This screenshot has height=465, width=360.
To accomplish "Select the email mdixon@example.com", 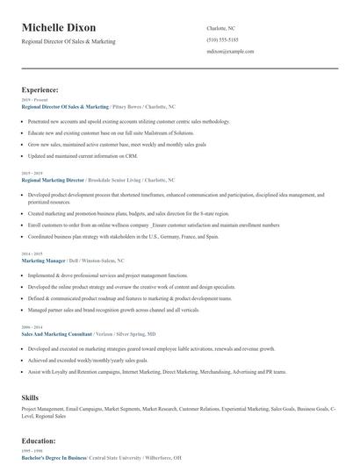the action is click(x=231, y=52).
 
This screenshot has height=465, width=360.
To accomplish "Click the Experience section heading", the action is click(x=40, y=89).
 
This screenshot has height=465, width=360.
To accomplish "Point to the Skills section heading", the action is click(x=30, y=397).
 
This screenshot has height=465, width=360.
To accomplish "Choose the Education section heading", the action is click(x=39, y=440).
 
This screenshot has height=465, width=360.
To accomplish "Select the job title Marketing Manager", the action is click(x=45, y=261).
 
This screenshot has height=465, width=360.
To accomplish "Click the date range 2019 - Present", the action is click(x=32, y=100).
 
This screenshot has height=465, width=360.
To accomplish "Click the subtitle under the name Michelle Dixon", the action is click(x=68, y=41).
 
